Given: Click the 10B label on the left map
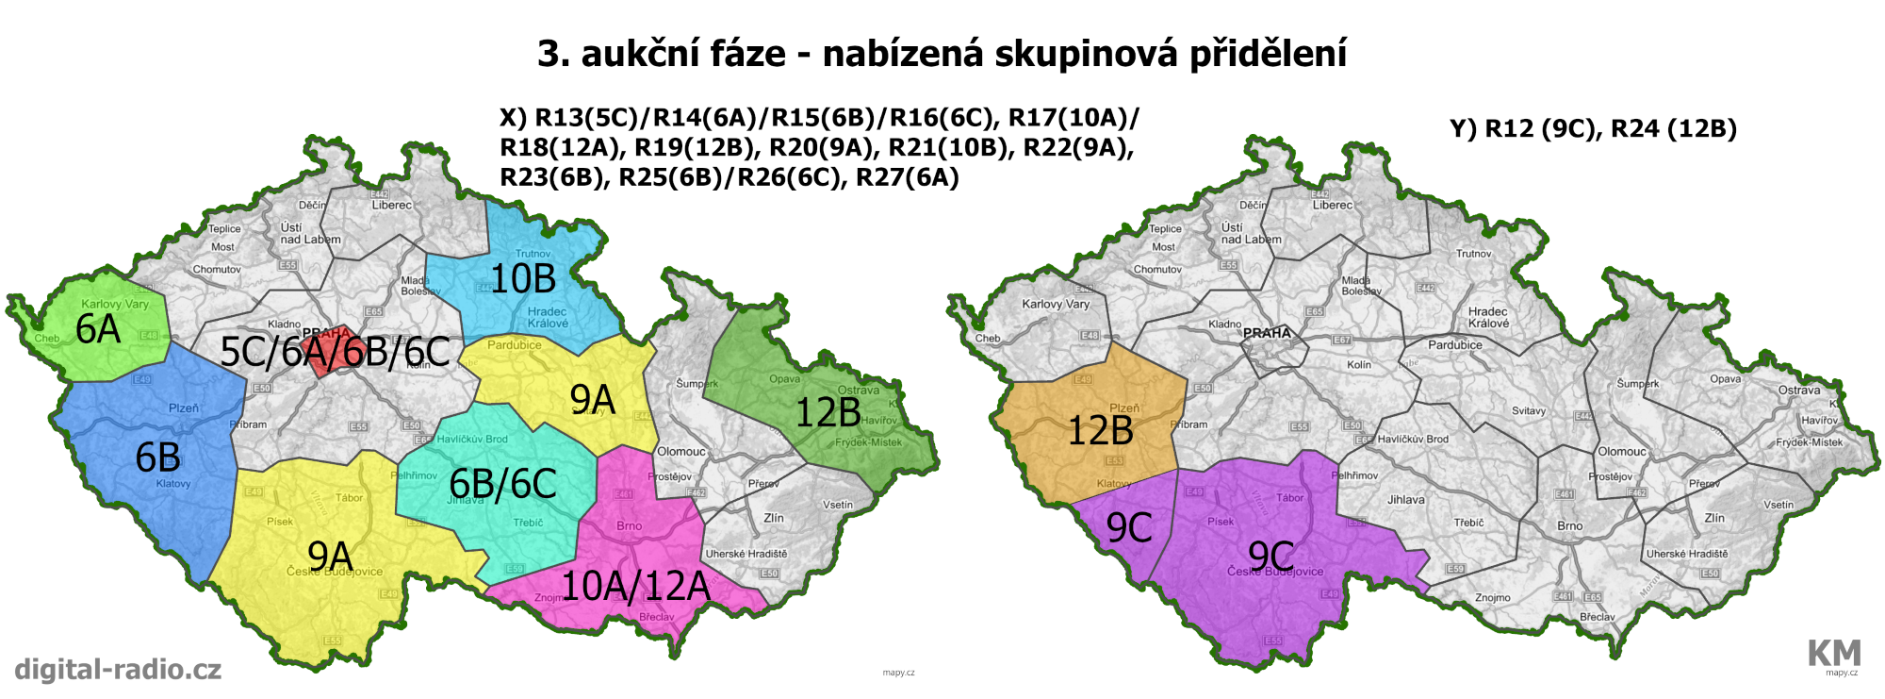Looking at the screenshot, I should tap(523, 279).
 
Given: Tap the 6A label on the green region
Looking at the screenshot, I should tap(98, 329).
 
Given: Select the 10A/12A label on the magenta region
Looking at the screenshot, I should tap(635, 586).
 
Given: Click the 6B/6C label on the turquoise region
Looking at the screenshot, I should tap(502, 484).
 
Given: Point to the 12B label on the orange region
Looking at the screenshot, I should tap(1100, 431).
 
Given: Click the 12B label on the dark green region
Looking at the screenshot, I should tap(828, 412).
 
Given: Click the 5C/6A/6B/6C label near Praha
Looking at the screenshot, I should tap(335, 352).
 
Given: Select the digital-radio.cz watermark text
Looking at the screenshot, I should tap(118, 670).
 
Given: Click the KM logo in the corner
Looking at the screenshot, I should tap(1833, 653).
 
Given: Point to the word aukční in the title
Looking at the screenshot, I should tap(683, 54).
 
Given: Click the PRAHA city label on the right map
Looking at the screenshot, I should tap(1267, 333).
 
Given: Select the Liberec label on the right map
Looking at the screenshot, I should tap(1332, 205).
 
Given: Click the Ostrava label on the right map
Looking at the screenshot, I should tap(1798, 390).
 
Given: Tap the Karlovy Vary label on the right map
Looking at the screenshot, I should tap(1056, 304).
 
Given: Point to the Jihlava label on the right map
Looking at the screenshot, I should tap(1405, 500).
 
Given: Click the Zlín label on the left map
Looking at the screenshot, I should tap(774, 518).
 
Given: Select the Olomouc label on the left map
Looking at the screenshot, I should tap(680, 452).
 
